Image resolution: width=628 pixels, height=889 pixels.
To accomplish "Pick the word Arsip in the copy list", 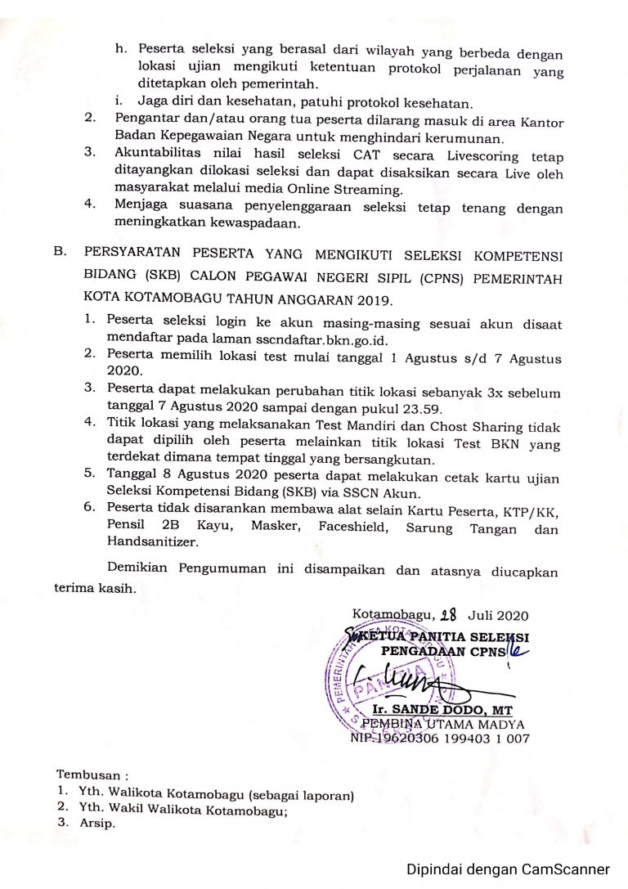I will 98,824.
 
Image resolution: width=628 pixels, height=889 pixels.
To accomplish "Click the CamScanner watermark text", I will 509,869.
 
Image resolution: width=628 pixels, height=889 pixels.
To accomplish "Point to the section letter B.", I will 61,254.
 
